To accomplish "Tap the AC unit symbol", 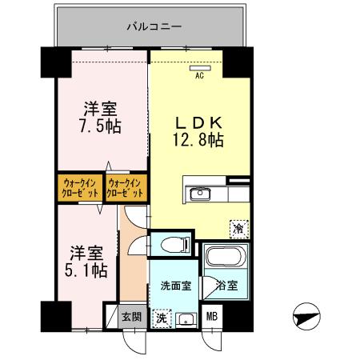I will pos(200,69).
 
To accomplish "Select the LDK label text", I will pos(199,122).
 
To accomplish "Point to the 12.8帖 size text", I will pos(199,139).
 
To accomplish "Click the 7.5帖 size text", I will pos(100,127).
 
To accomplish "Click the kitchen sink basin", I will pos(198,194).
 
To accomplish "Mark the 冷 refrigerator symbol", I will pos(238,228).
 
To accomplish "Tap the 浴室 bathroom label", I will pos(223,286).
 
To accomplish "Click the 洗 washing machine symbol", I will pos(162,318).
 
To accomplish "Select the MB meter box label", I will pos(213,318).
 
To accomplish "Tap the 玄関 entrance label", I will pos(132,317).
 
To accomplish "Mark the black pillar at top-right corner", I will pos(237,62).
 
